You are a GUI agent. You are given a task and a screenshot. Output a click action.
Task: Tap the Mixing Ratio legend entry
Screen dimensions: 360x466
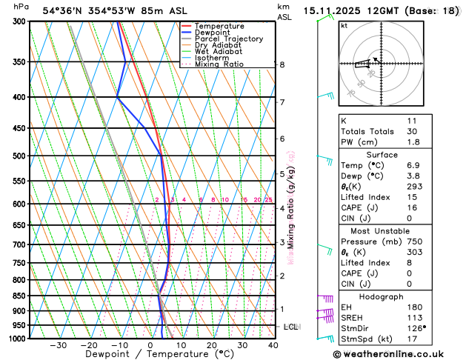pyautogui.click(x=219, y=64)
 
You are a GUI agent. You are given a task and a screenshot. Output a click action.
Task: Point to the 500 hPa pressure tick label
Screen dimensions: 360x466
pyautogui.click(x=21, y=156)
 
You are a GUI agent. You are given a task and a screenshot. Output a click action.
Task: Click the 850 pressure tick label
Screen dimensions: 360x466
pyautogui.click(x=21, y=296)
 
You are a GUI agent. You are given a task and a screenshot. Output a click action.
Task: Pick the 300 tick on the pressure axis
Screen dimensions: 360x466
pyautogui.click(x=21, y=21)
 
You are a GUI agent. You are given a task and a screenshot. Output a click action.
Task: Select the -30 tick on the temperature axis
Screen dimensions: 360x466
pyautogui.click(x=58, y=345)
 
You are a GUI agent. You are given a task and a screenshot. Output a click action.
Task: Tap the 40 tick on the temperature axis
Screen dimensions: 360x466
pyautogui.click(x=273, y=345)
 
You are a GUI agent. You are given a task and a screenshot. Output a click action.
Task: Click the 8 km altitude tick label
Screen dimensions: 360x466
pyautogui.click(x=282, y=65)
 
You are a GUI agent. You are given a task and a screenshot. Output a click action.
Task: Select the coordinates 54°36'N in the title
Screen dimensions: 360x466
pyautogui.click(x=62, y=10)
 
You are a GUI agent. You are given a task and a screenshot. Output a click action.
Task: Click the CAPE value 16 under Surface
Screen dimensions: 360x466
pyautogui.click(x=411, y=207)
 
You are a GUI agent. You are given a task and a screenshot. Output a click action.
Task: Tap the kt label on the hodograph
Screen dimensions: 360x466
pyautogui.click(x=344, y=25)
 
